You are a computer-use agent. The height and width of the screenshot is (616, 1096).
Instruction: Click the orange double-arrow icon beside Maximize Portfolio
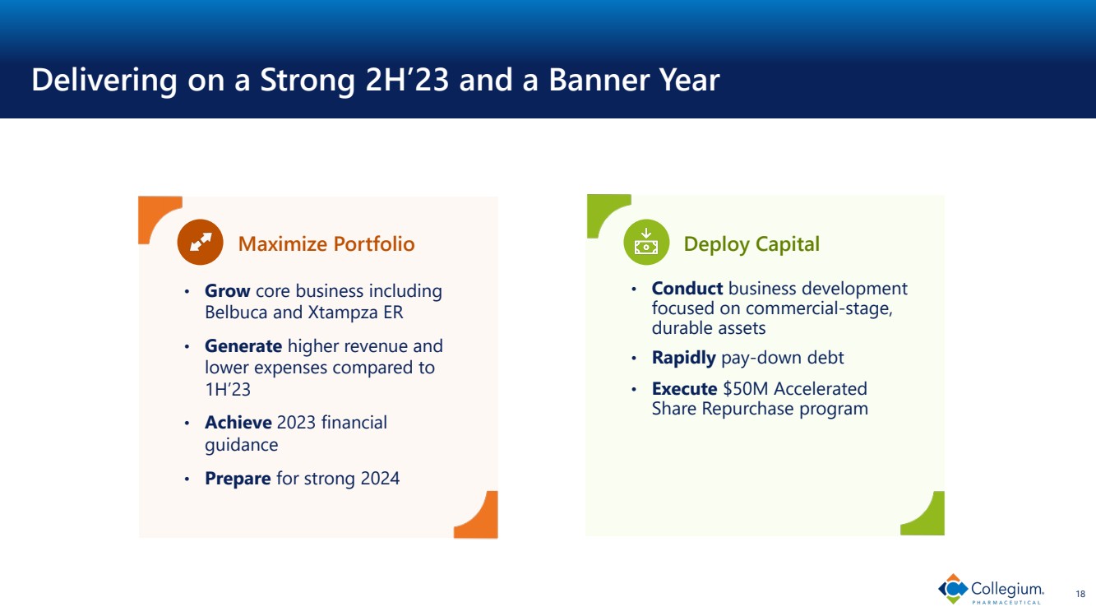point(200,242)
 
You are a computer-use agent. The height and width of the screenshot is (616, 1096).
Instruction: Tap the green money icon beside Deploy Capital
point(646,242)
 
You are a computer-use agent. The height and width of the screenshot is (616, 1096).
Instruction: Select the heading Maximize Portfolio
point(326,243)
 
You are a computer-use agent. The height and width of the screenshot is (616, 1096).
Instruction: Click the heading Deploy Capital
point(751,244)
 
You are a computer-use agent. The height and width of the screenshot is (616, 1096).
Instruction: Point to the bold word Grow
point(228,290)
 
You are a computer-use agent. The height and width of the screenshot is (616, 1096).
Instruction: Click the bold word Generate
point(243,346)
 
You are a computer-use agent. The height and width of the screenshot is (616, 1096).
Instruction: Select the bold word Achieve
point(238,422)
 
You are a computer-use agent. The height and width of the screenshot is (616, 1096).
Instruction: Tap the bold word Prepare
point(238,479)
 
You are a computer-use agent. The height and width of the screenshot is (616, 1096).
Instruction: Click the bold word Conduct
point(687,288)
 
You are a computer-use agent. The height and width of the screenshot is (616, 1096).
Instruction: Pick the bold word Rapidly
point(683,358)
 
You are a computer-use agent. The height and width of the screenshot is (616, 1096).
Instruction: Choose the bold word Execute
point(685,388)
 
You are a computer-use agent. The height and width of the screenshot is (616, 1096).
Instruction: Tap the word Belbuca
point(236,313)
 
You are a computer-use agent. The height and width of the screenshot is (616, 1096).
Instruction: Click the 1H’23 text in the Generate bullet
point(228,390)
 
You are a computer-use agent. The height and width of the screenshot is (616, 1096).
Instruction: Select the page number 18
point(1080,594)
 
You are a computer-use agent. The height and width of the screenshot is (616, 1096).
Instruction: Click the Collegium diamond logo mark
point(953,589)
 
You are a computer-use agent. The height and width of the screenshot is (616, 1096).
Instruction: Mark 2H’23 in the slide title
point(407,79)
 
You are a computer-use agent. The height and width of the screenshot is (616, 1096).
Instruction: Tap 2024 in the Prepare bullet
point(380,478)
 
